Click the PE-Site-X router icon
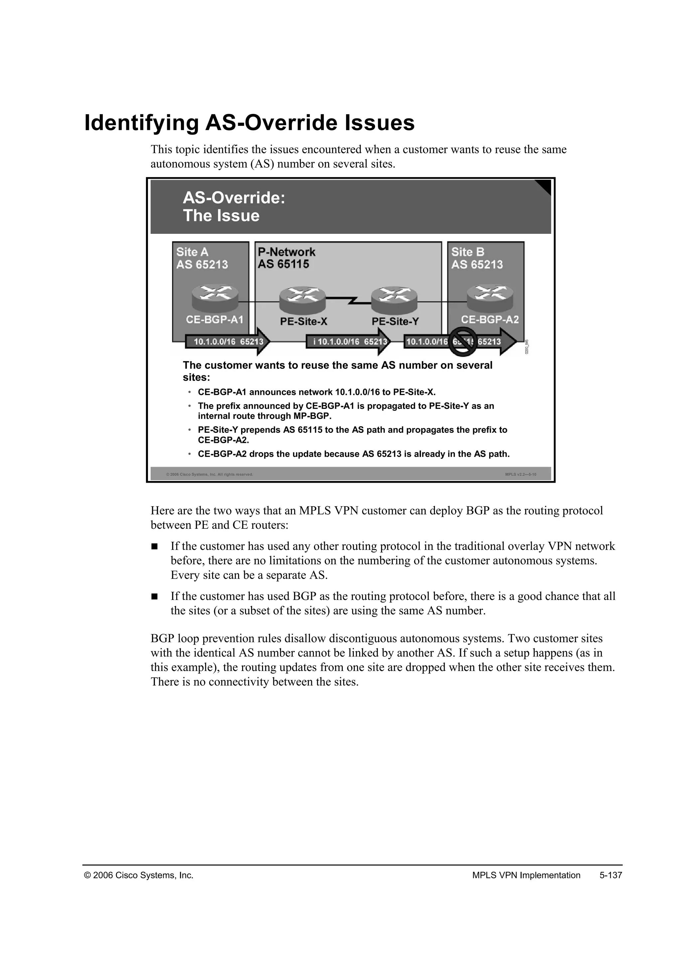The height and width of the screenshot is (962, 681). coord(302,300)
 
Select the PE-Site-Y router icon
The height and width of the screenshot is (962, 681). coord(394,300)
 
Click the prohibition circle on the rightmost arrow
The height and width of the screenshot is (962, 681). coord(463,341)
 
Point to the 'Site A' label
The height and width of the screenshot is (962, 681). coord(192,252)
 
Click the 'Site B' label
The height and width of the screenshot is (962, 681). coord(468,252)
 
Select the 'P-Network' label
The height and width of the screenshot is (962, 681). coord(286,252)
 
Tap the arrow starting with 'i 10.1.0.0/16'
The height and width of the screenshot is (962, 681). coord(348,341)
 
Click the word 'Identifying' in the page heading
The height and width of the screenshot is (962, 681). coord(141,123)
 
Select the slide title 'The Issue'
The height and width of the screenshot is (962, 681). coord(221,216)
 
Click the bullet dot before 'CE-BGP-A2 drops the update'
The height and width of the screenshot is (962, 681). coord(190,454)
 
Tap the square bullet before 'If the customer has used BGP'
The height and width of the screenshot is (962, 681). coord(154,596)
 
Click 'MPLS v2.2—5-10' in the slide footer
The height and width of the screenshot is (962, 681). coord(520,474)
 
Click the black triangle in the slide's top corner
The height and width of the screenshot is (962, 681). coord(544,186)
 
